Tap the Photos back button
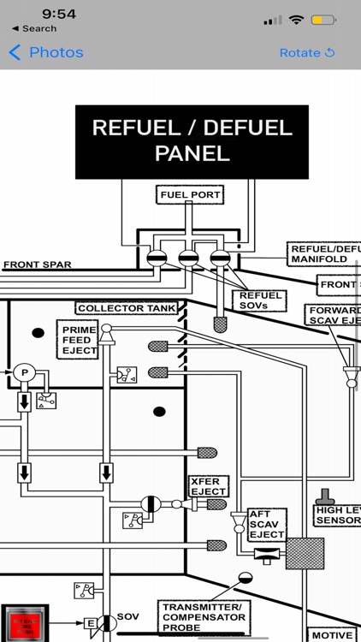click(46, 52)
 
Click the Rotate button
click(306, 52)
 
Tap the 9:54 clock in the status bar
click(59, 14)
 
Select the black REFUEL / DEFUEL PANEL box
click(192, 141)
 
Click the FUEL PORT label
click(191, 195)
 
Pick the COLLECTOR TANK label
click(127, 308)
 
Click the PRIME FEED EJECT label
click(80, 340)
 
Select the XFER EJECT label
click(209, 486)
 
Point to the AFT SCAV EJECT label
click(266, 525)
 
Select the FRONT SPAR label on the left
click(37, 265)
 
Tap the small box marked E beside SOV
click(88, 622)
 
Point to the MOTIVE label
click(331, 635)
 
